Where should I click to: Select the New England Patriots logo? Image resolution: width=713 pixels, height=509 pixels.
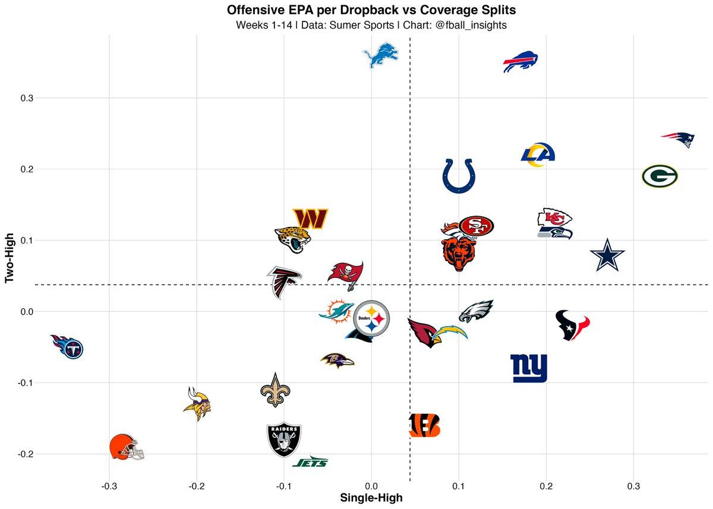point(678,140)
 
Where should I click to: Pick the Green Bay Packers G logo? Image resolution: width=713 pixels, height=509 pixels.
point(660,176)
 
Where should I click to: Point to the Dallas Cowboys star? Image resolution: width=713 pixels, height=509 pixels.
point(608,254)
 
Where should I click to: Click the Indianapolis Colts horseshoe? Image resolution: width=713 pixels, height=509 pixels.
point(459,176)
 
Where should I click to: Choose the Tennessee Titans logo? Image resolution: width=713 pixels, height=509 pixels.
point(67,347)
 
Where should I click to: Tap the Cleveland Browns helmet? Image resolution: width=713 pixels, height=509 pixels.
point(126,447)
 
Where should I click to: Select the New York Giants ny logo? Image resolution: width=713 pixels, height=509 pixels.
point(529,368)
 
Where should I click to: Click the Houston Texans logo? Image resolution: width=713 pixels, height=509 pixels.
point(573,324)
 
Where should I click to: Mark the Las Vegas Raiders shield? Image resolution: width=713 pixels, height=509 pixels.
point(284,440)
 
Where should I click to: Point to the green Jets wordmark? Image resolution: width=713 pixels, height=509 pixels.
point(310,461)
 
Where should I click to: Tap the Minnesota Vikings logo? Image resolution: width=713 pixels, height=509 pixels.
point(197,404)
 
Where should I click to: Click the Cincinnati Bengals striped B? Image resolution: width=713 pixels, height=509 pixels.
point(425,425)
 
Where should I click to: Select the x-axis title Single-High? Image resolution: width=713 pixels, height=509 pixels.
point(371,498)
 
